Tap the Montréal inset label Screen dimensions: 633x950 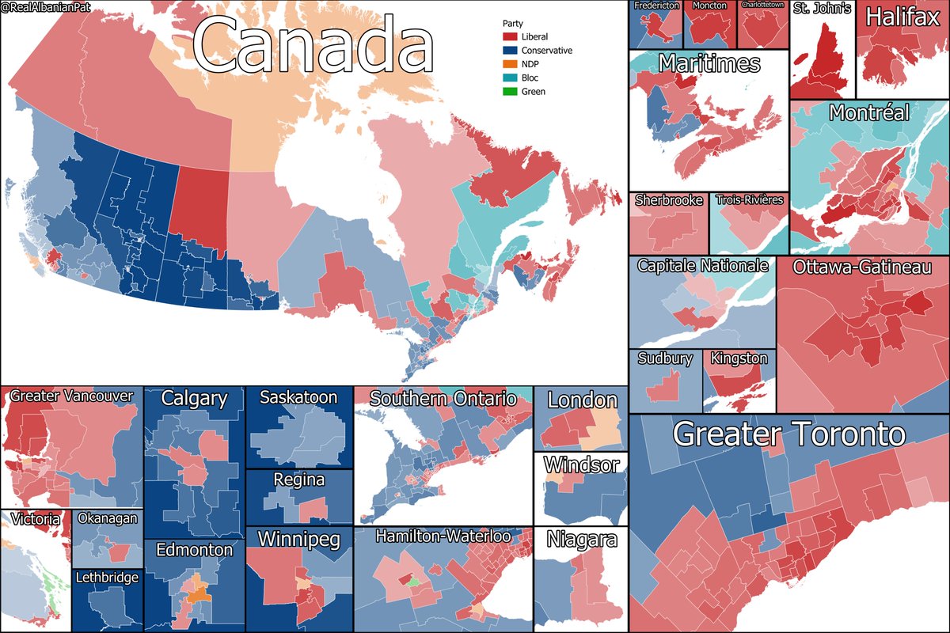[868, 113]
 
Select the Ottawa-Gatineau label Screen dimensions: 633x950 [862, 268]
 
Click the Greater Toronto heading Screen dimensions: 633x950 [788, 434]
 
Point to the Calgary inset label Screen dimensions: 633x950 [194, 399]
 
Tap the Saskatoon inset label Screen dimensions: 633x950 [298, 397]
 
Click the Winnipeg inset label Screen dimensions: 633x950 [298, 540]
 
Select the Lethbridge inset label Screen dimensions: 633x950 [107, 578]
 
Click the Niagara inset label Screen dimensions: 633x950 [580, 540]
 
